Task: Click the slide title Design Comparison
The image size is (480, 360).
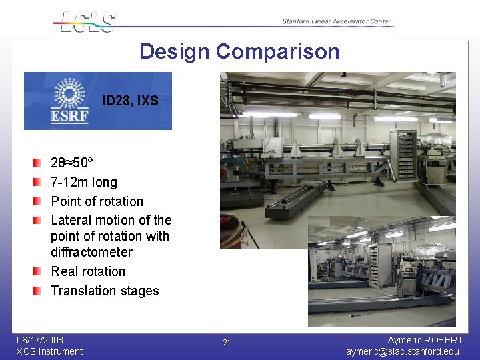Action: [239, 51]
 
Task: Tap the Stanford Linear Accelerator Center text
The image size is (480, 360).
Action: [336, 21]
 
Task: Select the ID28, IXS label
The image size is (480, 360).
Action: [130, 101]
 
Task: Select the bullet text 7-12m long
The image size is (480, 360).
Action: [84, 182]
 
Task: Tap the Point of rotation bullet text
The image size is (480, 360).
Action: [97, 201]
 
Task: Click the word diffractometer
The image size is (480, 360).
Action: [91, 252]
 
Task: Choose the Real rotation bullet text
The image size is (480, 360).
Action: [88, 271]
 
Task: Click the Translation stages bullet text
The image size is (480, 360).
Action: [105, 291]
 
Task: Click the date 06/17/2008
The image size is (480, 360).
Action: [40, 340]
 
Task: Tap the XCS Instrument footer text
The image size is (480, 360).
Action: [49, 351]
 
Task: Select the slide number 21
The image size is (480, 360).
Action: [227, 343]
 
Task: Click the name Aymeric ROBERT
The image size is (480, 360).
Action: [425, 340]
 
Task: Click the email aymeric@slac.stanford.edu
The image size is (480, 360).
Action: [403, 351]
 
